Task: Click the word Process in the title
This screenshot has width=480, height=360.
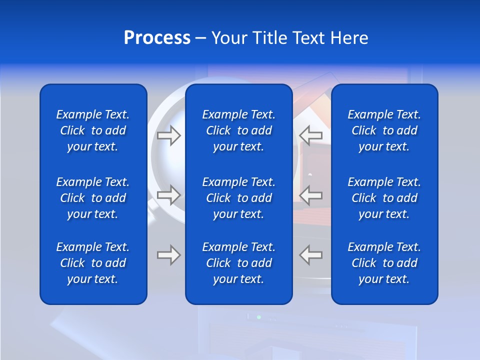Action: tap(157, 38)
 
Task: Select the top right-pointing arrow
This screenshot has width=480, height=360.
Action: tap(169, 135)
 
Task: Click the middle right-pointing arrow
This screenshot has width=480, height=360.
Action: tap(169, 194)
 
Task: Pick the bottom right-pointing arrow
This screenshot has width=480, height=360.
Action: tap(169, 254)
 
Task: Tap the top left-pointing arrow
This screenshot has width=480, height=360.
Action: tap(311, 135)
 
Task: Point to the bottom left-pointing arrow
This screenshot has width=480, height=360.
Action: tap(311, 254)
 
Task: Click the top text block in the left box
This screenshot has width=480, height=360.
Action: tap(93, 130)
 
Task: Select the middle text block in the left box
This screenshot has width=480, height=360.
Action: tap(93, 198)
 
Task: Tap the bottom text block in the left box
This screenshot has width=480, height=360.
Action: tap(93, 263)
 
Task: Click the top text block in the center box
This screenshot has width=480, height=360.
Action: tap(239, 130)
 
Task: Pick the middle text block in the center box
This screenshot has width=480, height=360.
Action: tap(239, 198)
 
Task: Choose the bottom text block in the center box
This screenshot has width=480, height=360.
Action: tap(239, 263)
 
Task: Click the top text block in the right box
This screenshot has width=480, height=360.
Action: tap(384, 130)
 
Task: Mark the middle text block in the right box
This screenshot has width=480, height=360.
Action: tap(384, 198)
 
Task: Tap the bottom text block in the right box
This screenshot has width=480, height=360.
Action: tap(384, 263)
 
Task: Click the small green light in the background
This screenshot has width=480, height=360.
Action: tap(258, 317)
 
